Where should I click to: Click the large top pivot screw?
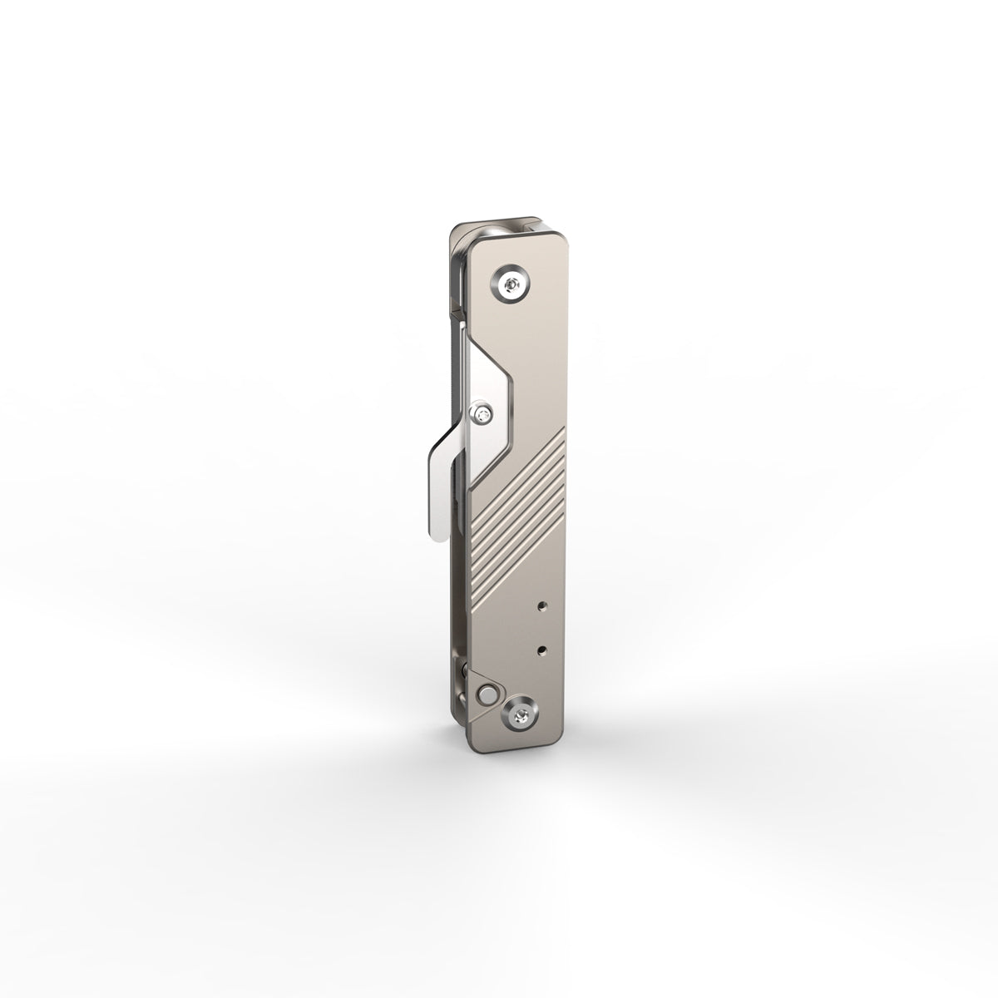pyautogui.click(x=511, y=287)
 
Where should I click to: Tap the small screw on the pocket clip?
pyautogui.click(x=485, y=410)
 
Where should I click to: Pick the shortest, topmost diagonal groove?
pyautogui.click(x=553, y=441)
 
